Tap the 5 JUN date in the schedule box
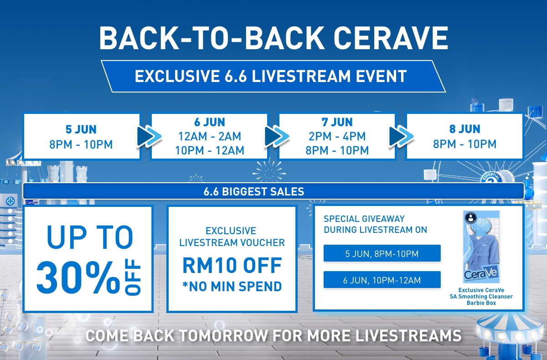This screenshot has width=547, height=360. [82, 129]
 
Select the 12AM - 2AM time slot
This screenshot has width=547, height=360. [209, 136]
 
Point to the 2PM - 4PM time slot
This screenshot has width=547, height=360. [337, 136]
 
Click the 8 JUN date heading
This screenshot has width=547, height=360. [464, 129]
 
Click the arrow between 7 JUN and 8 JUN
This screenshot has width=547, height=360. [401, 135]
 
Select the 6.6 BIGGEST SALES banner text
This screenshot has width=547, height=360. [253, 191]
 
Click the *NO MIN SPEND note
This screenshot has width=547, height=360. [232, 286]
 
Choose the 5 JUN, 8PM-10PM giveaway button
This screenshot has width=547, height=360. [382, 253]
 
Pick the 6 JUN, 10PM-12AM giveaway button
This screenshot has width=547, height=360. [382, 280]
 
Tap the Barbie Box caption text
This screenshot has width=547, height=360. [485, 303]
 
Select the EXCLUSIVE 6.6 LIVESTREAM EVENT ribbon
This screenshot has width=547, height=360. [271, 76]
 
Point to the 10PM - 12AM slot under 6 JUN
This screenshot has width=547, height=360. [209, 150]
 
